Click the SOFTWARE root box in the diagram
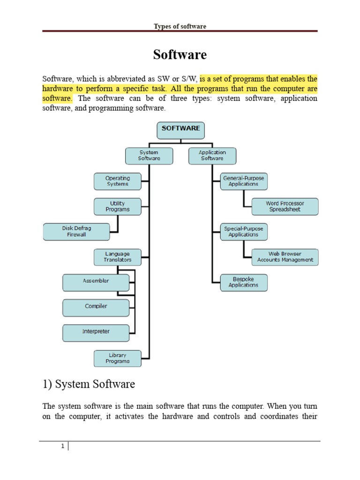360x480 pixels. [180, 130]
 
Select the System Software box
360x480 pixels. [149, 156]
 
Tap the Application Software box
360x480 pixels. [212, 156]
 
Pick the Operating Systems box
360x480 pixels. [118, 181]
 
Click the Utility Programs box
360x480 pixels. [118, 207]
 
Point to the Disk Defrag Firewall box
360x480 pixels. [76, 232]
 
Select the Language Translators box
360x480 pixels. [118, 257]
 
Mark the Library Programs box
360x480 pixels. [118, 359]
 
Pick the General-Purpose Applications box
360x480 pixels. [244, 181]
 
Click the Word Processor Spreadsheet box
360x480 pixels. [285, 207]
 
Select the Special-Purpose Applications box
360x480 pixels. [244, 232]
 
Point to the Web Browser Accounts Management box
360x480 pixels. [285, 257]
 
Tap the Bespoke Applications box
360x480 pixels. [244, 282]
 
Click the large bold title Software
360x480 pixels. [180, 55]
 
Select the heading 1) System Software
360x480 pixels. [89, 385]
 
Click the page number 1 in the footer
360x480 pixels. [62, 446]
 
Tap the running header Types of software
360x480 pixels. [180, 26]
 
